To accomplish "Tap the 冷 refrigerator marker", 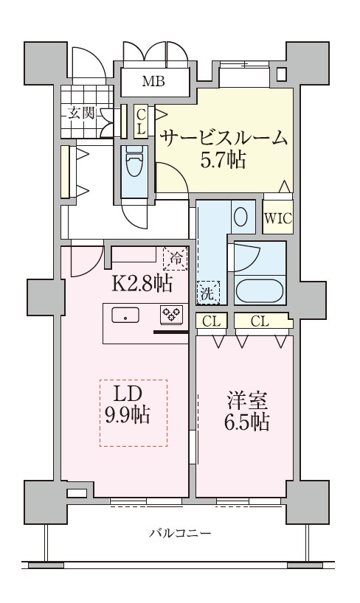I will (x=176, y=258).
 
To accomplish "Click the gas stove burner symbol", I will (x=171, y=316).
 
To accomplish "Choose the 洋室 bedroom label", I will (x=243, y=401).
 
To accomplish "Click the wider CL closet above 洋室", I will (x=259, y=321).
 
